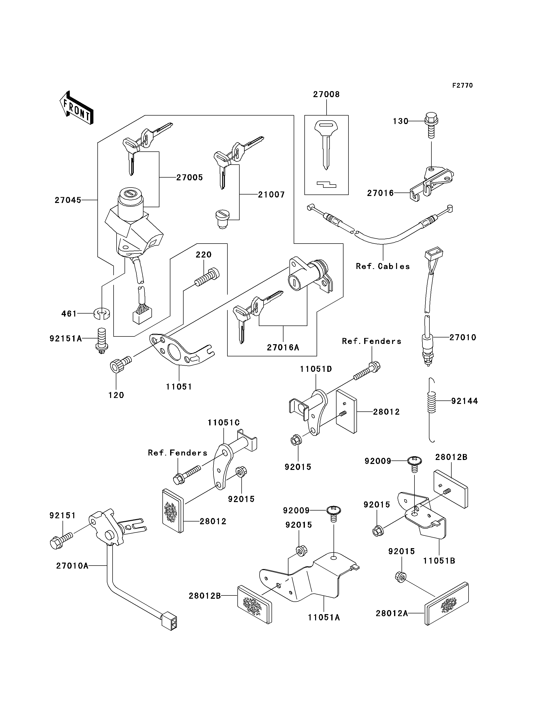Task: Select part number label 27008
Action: pyautogui.click(x=326, y=94)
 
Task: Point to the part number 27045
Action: pyautogui.click(x=68, y=200)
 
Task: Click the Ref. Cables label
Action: pyautogui.click(x=383, y=266)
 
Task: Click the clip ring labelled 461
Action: pyautogui.click(x=102, y=314)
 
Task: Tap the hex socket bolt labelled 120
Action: pyautogui.click(x=121, y=364)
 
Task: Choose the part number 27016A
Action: pyautogui.click(x=283, y=347)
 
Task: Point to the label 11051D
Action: pyautogui.click(x=316, y=369)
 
